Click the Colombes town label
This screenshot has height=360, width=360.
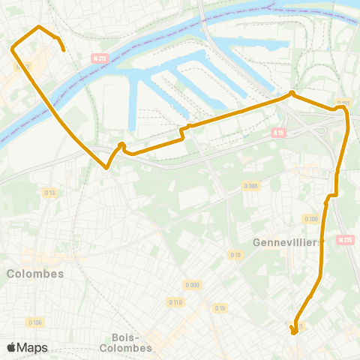click(35, 274)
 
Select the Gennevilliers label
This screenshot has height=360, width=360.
click(286, 242)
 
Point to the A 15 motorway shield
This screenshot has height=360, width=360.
click(279, 133)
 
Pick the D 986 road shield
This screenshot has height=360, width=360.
click(250, 186)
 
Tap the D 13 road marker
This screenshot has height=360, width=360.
click(50, 193)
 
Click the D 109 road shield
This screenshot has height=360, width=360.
click(310, 218)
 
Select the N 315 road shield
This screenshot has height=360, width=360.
click(345, 240)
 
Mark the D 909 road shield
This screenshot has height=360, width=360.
click(193, 285)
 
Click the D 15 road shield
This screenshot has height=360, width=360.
click(220, 307)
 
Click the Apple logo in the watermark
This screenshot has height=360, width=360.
click(11, 347)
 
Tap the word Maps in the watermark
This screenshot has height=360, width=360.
click(33, 347)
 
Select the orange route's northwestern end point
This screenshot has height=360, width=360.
click(64, 50)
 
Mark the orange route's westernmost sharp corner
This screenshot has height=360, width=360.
click(12, 49)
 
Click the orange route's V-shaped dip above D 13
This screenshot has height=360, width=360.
click(108, 168)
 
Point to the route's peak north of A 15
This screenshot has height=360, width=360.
click(292, 94)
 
